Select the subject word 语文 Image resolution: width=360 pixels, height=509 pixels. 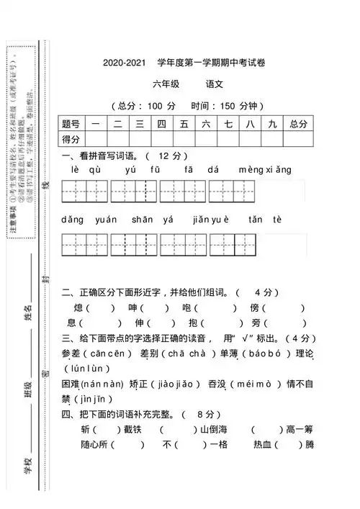click(x=215, y=84)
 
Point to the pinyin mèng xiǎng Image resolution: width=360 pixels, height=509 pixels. click(x=266, y=170)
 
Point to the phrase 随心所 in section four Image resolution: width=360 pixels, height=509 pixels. click(x=98, y=444)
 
